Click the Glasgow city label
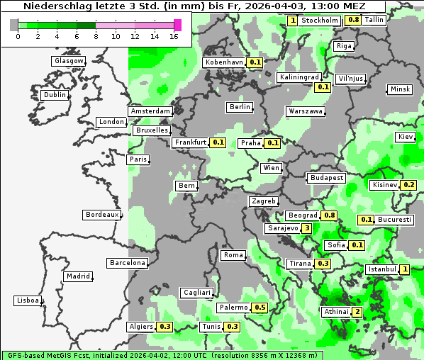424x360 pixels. (x=68, y=61)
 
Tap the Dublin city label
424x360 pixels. (x=54, y=95)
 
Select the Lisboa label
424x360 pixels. (x=27, y=300)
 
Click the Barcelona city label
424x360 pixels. (x=128, y=263)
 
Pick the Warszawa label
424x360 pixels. (x=306, y=111)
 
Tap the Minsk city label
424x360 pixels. (x=400, y=89)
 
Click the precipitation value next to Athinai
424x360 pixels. (x=357, y=312)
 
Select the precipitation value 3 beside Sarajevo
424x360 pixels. (x=306, y=228)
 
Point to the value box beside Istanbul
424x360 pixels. (x=404, y=269)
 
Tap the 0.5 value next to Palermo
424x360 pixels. (x=260, y=308)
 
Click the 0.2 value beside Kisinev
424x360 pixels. (x=408, y=185)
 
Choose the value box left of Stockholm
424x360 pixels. (x=293, y=21)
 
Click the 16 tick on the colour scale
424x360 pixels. (x=174, y=36)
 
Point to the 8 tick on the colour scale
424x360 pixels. (x=96, y=36)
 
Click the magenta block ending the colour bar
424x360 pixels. (x=177, y=25)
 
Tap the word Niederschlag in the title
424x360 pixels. (x=54, y=6)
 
